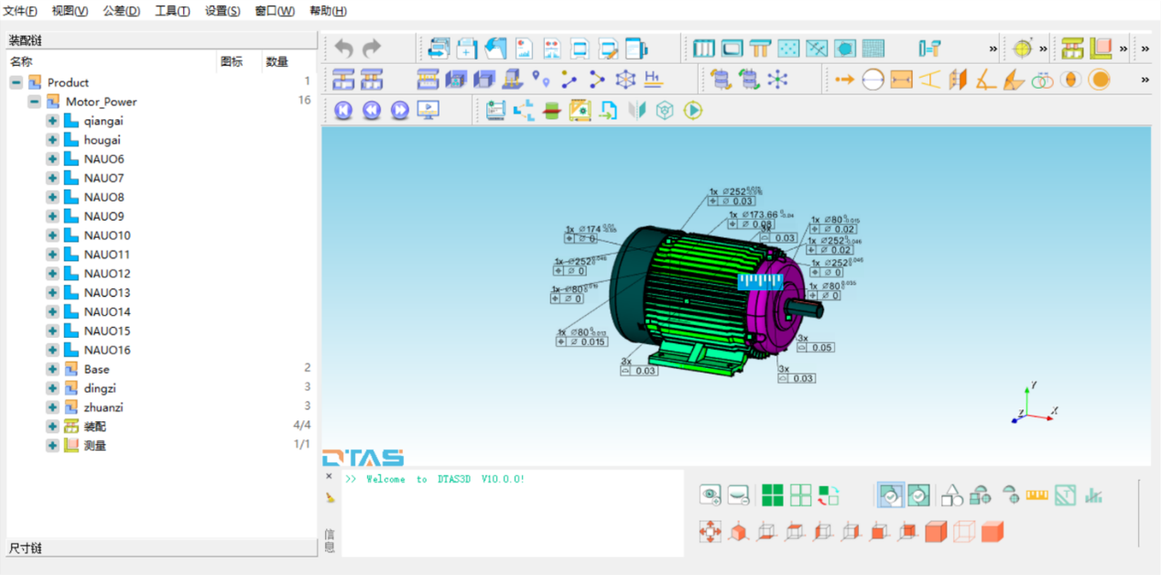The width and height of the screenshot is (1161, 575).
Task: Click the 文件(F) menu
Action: coord(20,11)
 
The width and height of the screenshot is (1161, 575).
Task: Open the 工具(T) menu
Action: coord(172,11)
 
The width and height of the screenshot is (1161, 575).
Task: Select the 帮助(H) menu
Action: coord(328,11)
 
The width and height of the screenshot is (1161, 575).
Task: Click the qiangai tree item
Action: coord(103,121)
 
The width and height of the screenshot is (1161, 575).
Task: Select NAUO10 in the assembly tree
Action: coord(107,235)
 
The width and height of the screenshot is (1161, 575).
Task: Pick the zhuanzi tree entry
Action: coord(103,407)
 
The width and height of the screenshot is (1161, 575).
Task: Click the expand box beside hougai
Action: coord(52,140)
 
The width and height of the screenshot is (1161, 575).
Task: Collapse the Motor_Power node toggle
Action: coord(34,102)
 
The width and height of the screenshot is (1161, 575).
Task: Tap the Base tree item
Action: coord(96,369)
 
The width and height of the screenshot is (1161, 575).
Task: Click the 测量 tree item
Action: coord(95,446)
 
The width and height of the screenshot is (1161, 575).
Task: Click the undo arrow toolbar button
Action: coord(343,48)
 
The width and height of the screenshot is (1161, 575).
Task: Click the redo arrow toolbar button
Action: coord(371,48)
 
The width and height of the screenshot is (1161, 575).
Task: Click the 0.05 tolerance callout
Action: coord(821,348)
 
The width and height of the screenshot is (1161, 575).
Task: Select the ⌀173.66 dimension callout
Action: coord(760,215)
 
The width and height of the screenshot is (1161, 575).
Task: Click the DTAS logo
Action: coord(363,457)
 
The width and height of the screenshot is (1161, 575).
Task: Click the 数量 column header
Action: coord(277,62)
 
